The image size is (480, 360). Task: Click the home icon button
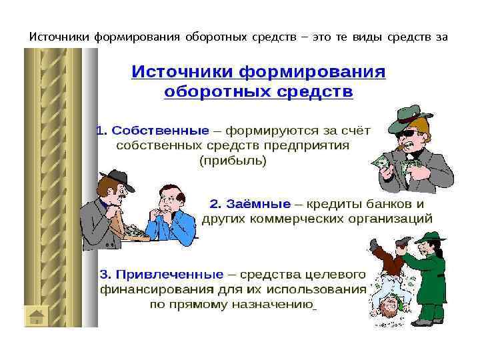(37, 315)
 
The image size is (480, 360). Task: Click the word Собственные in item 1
(159, 131)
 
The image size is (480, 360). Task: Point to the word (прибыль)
(233, 161)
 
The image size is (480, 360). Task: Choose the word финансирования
(157, 290)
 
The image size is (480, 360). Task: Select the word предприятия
(312, 145)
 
